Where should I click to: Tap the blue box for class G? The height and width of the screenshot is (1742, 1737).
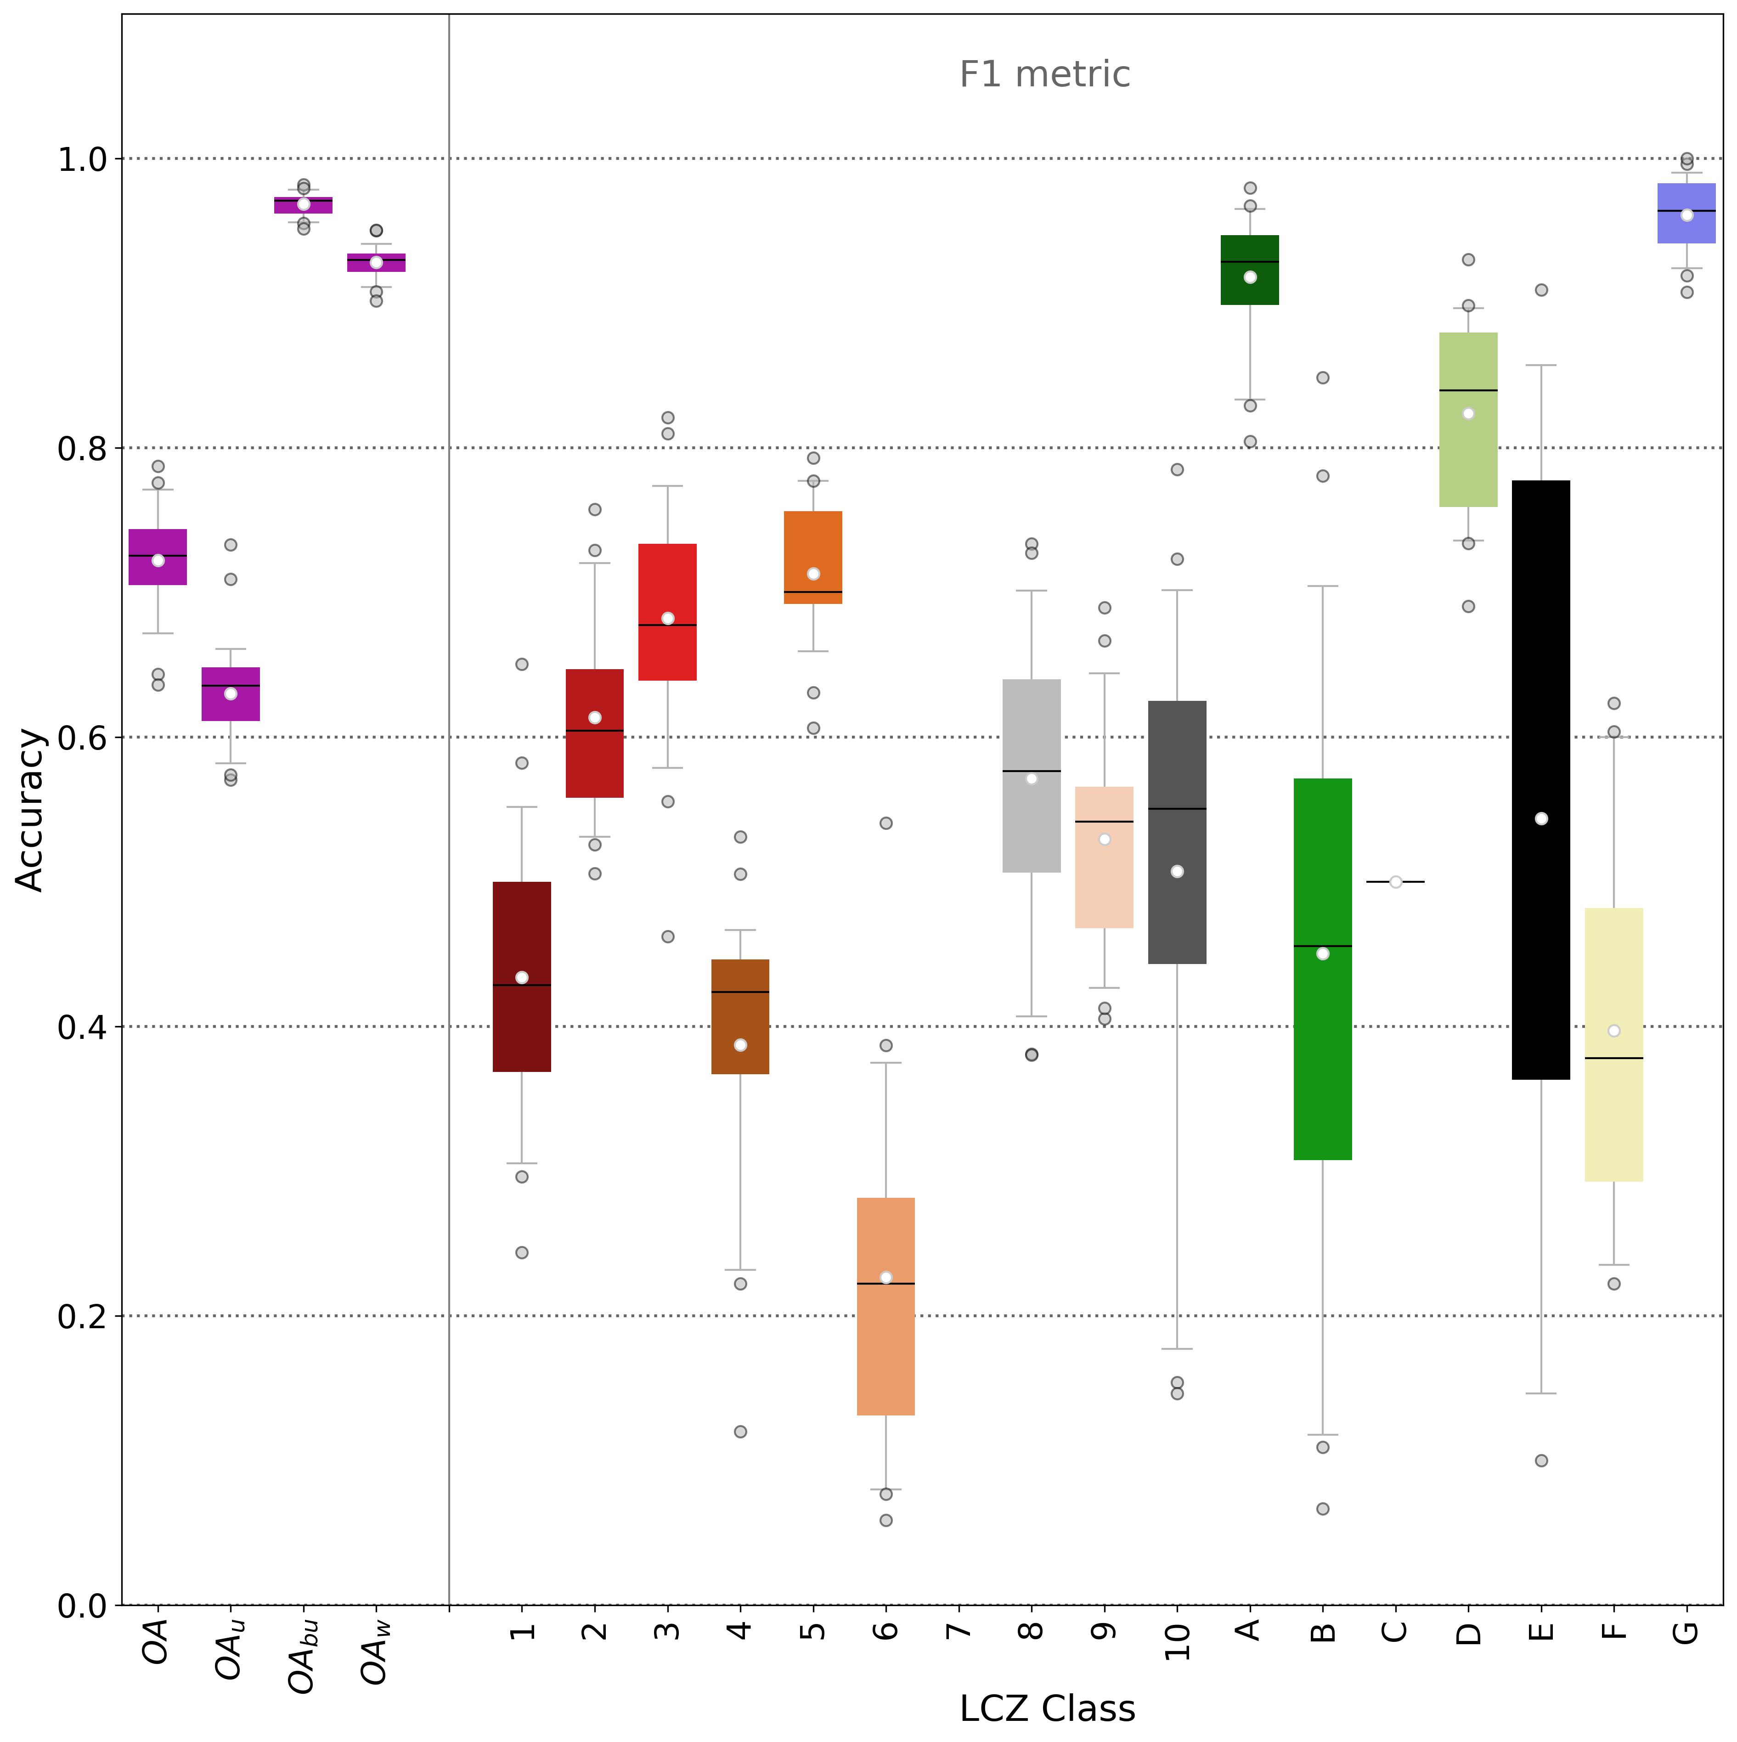click(1686, 213)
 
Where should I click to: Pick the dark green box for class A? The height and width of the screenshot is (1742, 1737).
click(1250, 270)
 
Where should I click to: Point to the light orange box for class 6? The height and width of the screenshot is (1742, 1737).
click(885, 1307)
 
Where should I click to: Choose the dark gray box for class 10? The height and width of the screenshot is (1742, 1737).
click(1177, 832)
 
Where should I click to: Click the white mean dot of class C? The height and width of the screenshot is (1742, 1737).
click(1395, 882)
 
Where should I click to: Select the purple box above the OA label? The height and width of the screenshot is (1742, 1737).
click(158, 557)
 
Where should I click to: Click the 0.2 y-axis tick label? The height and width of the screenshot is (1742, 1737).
click(83, 1316)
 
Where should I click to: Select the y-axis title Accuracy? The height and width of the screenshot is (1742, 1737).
click(31, 810)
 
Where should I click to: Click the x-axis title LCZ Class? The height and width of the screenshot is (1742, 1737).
click(1047, 1708)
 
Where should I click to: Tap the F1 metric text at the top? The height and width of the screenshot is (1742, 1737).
click(1044, 74)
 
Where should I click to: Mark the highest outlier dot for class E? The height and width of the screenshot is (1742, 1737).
click(1541, 289)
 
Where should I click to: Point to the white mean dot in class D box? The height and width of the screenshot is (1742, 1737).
click(1468, 413)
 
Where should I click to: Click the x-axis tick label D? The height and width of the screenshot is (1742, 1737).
click(1468, 1632)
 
